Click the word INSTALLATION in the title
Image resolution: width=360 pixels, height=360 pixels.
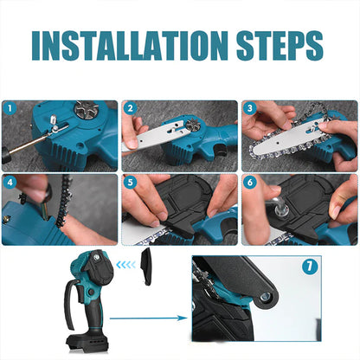click(130, 45)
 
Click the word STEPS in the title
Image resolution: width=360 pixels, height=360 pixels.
click(280, 45)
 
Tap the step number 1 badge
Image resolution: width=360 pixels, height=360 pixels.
click(10, 109)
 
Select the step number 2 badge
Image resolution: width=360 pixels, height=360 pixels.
click(130, 109)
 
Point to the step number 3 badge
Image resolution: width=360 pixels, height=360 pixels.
click(250, 109)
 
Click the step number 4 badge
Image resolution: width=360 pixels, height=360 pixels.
click(10, 183)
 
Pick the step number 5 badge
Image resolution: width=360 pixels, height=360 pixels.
click(130, 183)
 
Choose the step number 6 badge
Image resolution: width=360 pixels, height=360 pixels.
click(250, 183)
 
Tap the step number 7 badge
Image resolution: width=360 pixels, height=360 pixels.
click(310, 267)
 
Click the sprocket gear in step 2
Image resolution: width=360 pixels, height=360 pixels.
click(191, 125)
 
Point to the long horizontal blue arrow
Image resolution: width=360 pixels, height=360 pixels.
click(149, 318)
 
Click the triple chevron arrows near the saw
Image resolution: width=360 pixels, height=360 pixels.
click(125, 264)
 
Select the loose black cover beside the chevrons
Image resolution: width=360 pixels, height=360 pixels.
click(145, 267)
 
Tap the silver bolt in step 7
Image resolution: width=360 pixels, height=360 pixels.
click(265, 296)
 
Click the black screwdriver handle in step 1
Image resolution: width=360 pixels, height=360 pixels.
click(6, 154)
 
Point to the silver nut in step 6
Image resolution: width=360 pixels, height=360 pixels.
click(280, 212)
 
